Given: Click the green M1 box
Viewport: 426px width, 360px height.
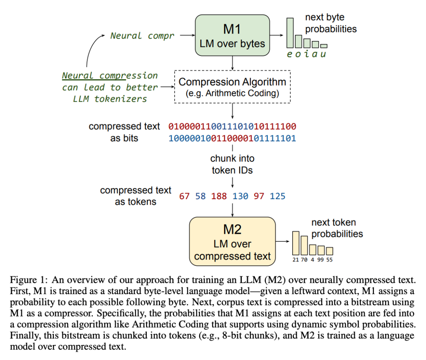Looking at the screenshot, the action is (x=232, y=35).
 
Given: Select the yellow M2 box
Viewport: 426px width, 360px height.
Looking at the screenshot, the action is (x=232, y=241).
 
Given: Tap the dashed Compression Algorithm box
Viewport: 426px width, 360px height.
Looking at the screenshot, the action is (x=232, y=87).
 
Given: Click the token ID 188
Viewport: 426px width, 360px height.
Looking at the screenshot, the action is (x=219, y=196).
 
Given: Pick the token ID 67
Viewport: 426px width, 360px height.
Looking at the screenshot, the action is (x=184, y=196).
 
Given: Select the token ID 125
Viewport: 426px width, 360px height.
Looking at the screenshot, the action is (x=277, y=196).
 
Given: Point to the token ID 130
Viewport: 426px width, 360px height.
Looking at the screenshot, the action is (x=240, y=196).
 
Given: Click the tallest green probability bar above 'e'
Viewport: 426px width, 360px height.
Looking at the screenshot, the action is (x=290, y=33).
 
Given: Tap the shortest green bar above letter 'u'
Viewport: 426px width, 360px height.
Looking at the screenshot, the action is (x=323, y=46).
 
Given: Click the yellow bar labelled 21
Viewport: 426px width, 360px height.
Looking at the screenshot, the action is (x=295, y=243).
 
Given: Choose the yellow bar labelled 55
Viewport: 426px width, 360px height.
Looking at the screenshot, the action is (x=329, y=251).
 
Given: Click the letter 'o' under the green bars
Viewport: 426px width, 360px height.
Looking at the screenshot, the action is (x=298, y=54).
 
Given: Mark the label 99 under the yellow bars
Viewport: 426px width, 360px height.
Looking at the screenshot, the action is (x=321, y=260).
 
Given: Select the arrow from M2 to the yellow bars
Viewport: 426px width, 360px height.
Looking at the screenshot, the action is (x=282, y=241).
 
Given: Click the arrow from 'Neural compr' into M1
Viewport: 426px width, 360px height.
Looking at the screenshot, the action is (x=187, y=35).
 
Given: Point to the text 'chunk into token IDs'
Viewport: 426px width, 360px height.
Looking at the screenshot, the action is (x=232, y=164).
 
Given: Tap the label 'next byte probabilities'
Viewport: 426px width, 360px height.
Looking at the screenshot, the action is (x=331, y=23).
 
